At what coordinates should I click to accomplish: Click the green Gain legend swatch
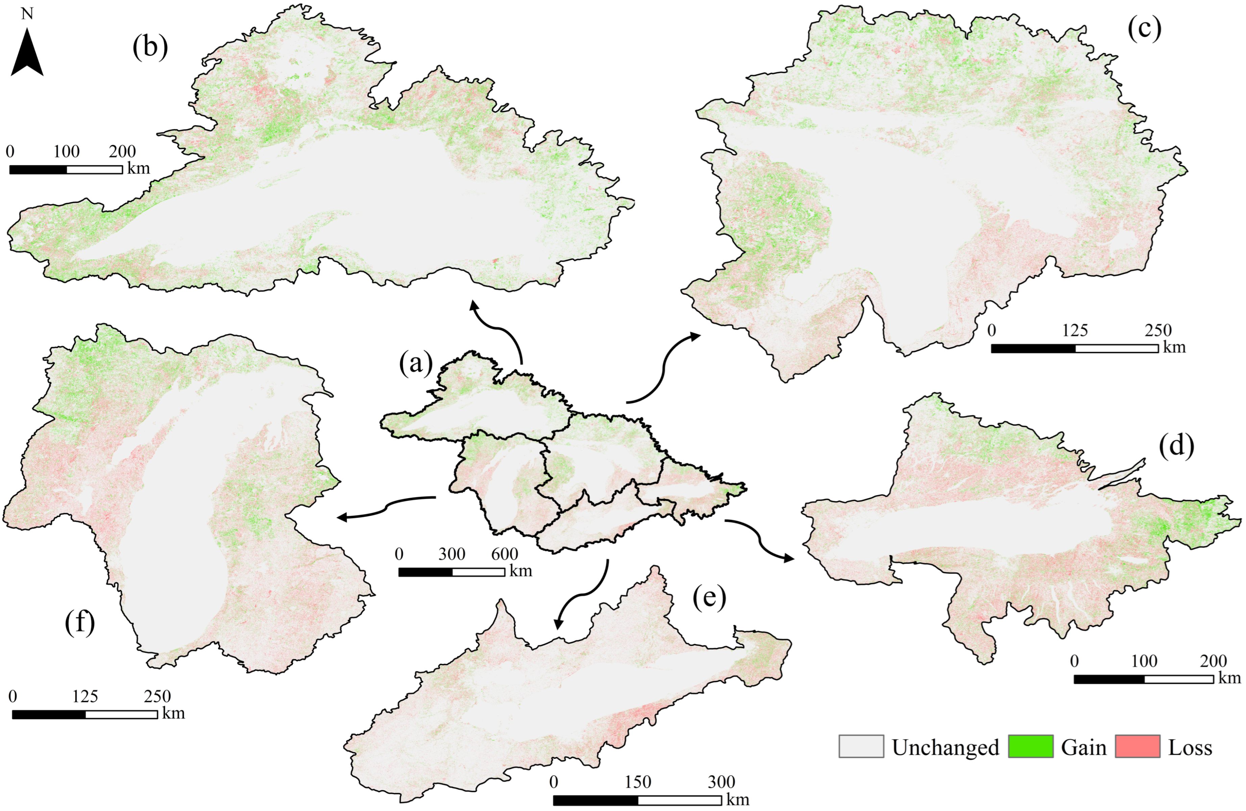point(1030,746)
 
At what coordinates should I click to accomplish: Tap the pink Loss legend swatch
point(1137,746)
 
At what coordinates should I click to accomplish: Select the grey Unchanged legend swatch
point(861,746)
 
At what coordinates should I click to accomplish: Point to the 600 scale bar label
point(505,554)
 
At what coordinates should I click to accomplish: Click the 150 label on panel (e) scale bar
point(638,782)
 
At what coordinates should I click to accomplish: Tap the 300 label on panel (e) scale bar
point(722,782)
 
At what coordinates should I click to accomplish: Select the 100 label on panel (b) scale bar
point(67,152)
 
